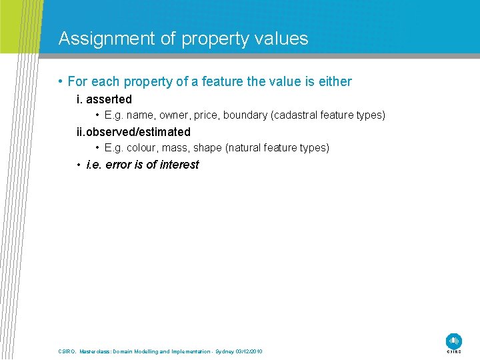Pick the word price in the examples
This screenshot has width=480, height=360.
click(x=207, y=115)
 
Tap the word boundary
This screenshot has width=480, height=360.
click(x=245, y=115)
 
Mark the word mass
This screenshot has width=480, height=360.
click(x=175, y=148)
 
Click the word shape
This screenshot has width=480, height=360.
click(x=207, y=148)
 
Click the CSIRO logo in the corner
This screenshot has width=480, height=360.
click(x=454, y=341)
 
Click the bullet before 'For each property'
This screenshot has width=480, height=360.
click(x=60, y=82)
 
